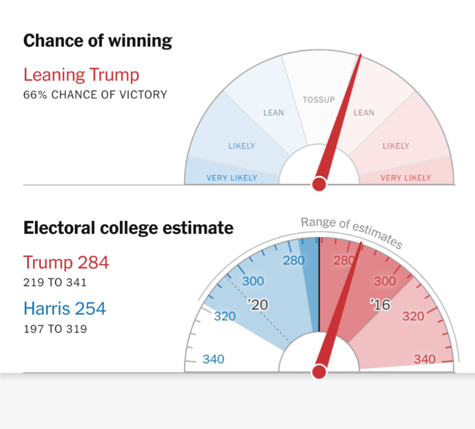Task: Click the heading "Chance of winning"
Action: click(98, 41)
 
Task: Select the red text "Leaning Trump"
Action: click(81, 74)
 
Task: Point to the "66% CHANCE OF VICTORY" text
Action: click(95, 94)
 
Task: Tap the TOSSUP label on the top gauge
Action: click(319, 100)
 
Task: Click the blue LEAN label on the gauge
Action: click(273, 113)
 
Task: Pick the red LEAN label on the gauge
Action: click(363, 113)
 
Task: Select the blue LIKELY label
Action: click(241, 146)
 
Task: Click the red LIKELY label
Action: click(396, 146)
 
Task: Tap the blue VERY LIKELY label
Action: click(232, 178)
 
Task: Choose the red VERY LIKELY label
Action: click(406, 178)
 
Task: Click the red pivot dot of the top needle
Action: click(319, 184)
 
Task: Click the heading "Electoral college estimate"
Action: click(128, 228)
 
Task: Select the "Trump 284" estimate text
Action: click(66, 262)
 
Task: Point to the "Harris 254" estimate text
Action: click(64, 308)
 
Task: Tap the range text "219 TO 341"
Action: click(55, 282)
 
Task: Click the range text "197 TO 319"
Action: click(55, 329)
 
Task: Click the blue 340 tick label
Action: click(213, 359)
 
